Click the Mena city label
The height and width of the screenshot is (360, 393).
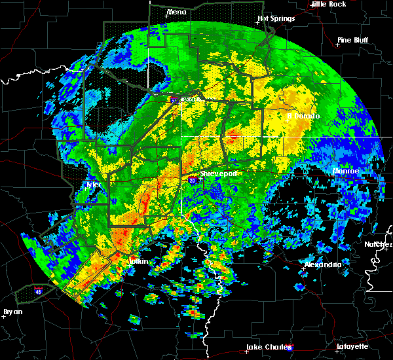176,12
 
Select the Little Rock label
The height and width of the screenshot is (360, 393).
328,4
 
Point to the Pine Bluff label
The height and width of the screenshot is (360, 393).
352,40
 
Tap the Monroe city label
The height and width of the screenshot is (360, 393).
345,171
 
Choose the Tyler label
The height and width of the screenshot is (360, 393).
96,185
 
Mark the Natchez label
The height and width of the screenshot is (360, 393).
379,244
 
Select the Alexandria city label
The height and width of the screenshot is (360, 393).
322,264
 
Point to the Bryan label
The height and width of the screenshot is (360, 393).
12,312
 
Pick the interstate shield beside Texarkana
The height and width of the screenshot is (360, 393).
174,100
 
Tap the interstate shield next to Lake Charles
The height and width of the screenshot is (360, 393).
290,347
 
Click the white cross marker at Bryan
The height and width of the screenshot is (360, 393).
4,315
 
